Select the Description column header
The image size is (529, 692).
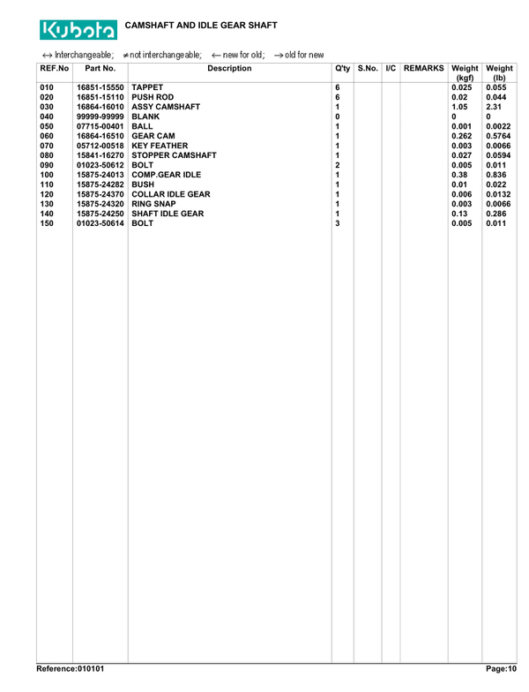pyautogui.click(x=229, y=68)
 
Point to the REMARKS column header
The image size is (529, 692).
pyautogui.click(x=424, y=68)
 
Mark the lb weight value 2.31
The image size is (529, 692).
pyautogui.click(x=493, y=108)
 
